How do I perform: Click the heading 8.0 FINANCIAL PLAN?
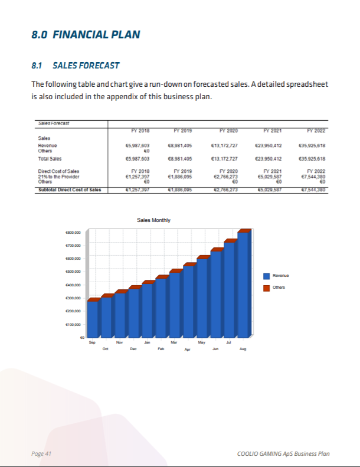coord(86,34)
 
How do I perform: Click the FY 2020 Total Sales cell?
coord(224,159)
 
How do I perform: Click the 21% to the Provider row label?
coord(58,177)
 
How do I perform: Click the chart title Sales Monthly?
coord(153,220)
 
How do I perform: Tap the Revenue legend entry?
coord(280,276)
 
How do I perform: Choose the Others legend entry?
coord(279,288)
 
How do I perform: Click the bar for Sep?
coord(93,319)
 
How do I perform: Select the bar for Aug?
coord(243,283)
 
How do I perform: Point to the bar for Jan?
coord(148,309)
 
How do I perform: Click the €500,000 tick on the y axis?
coord(73,272)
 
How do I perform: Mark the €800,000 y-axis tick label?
coord(73,233)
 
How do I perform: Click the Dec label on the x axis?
coord(133,349)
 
